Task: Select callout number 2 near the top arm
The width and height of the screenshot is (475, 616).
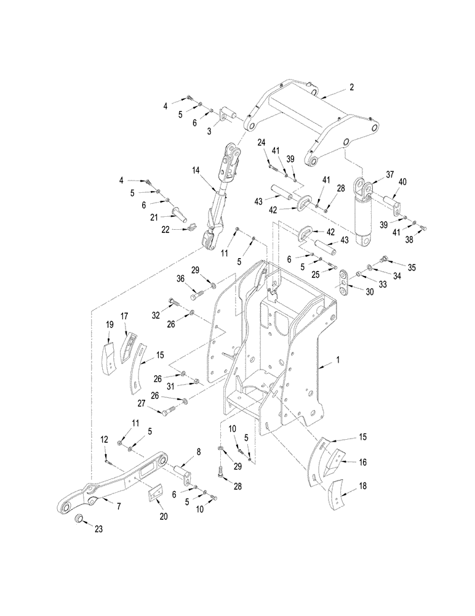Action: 351,88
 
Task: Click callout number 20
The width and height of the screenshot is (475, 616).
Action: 164,516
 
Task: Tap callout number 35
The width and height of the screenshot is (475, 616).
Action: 412,267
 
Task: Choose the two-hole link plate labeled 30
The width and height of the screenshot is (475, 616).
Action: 342,282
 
